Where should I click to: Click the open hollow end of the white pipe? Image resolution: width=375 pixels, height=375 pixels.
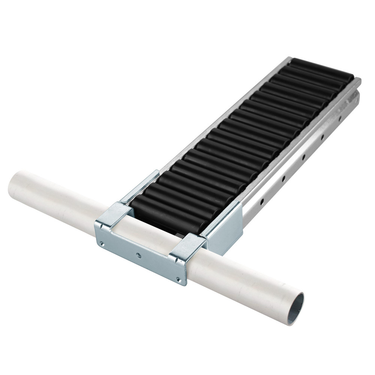point(296,308)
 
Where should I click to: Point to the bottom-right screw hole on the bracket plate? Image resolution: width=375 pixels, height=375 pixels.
point(179,279)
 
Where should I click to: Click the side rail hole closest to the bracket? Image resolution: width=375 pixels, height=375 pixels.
point(262,202)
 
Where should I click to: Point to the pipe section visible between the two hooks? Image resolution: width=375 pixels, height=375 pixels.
point(150,232)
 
